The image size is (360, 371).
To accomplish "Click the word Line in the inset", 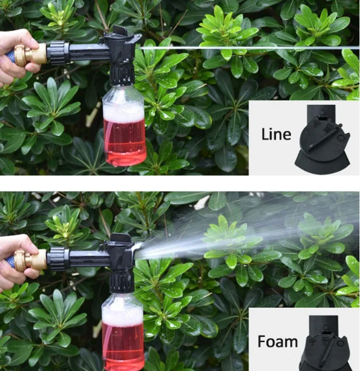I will point(276,134).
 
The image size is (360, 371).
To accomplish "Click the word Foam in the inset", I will point(277,341).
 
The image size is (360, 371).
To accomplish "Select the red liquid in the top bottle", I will point(125,141).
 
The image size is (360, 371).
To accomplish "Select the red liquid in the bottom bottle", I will point(123,346).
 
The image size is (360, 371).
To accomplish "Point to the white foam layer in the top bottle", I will point(123,111).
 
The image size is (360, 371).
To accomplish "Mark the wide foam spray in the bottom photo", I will point(224,234).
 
